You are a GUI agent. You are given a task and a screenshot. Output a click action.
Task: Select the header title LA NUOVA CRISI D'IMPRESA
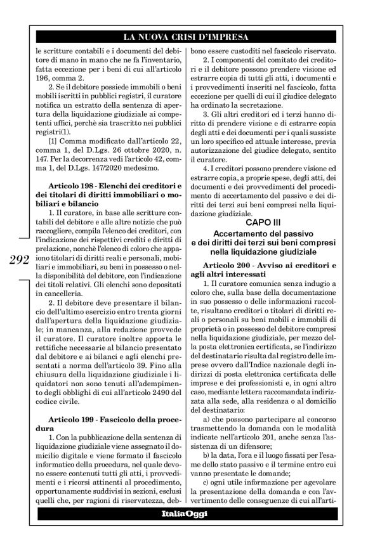[183, 37]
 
